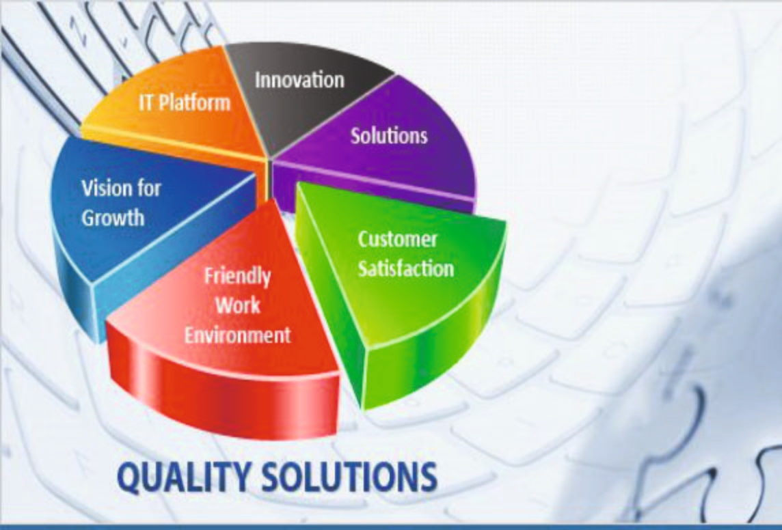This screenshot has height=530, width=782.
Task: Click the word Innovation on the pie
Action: coord(299,80)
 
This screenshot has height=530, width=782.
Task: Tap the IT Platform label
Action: coord(185,102)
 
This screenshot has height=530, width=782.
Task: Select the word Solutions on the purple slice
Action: coord(389,135)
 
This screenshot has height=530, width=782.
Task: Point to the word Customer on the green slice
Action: coord(397,240)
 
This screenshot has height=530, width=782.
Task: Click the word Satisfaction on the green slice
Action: coord(406,268)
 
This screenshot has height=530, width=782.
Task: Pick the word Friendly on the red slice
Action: coord(237,277)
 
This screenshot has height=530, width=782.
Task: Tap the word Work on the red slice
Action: coord(238,305)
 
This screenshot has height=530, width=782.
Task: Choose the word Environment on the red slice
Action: coord(237,335)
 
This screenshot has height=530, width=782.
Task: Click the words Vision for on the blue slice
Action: coord(121,189)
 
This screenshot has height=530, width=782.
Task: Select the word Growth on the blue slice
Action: coord(113,218)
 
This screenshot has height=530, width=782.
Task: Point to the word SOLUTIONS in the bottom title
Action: coord(349,477)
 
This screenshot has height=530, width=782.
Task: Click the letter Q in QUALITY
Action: coord(129,478)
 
